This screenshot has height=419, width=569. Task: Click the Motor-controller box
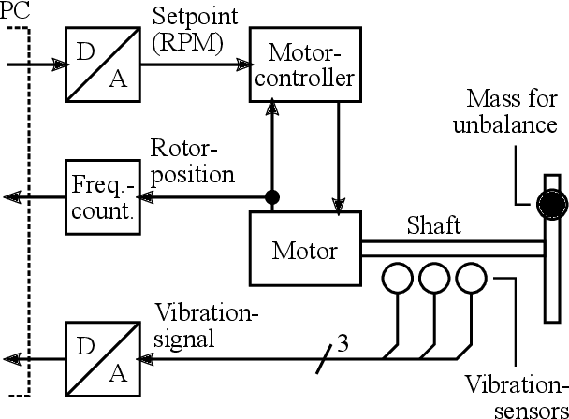click(304, 63)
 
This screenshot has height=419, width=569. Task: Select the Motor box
click(303, 250)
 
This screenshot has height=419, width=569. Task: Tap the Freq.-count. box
click(99, 197)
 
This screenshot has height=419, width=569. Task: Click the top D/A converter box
click(99, 63)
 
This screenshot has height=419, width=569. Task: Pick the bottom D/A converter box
click(99, 358)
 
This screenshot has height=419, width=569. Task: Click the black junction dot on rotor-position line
click(272, 197)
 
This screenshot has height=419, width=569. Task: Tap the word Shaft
click(432, 226)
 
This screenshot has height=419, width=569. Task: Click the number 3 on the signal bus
click(343, 344)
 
